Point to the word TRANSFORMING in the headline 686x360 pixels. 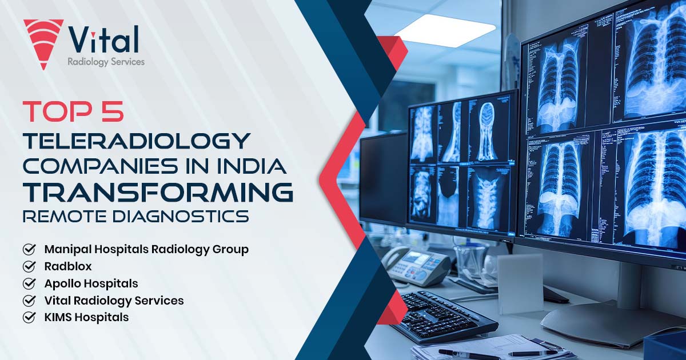click(x=158, y=193)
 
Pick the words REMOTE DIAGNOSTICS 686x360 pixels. click(x=136, y=217)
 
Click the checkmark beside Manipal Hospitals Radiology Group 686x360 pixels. click(x=29, y=250)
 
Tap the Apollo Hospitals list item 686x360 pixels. click(x=91, y=283)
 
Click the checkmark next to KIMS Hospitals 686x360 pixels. click(x=29, y=317)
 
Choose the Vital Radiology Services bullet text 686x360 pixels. click(x=114, y=300)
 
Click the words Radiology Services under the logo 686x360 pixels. click(x=106, y=62)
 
